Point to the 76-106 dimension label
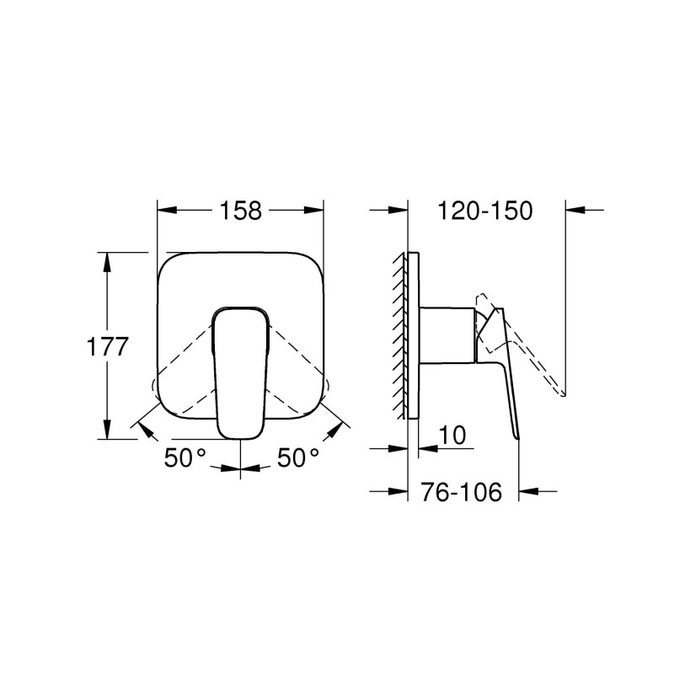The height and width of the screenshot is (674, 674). pos(460,491)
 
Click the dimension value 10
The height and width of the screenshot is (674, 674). pos(452,435)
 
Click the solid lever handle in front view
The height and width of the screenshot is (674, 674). pos(240,371)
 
